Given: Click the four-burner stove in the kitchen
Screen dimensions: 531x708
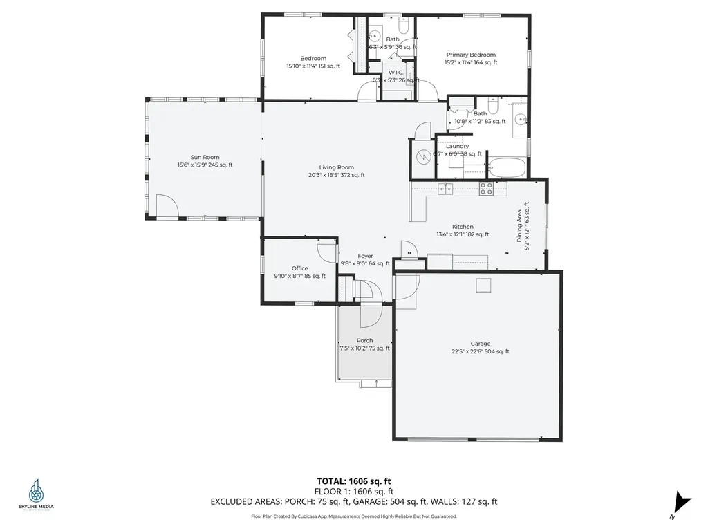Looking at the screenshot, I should pyautogui.click(x=486, y=187).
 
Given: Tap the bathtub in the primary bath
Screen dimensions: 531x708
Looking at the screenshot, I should pyautogui.click(x=507, y=167).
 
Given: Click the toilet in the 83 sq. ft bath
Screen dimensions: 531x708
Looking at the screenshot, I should pyautogui.click(x=493, y=120).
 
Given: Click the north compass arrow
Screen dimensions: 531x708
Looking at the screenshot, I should pyautogui.click(x=682, y=502).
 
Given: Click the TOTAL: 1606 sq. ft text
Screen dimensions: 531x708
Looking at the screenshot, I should pyautogui.click(x=354, y=481).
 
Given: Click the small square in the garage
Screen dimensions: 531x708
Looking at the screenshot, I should pyautogui.click(x=483, y=285).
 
